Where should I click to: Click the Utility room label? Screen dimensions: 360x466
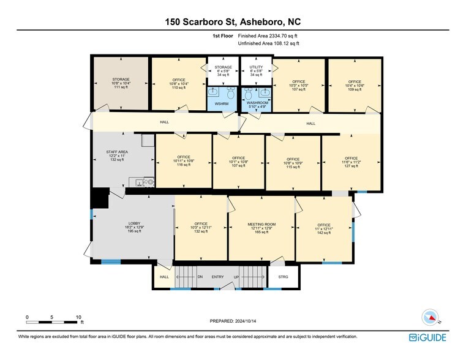coord(256,67)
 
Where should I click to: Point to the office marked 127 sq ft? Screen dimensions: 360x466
coord(351,162)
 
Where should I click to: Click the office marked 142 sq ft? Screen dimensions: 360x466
coord(323,228)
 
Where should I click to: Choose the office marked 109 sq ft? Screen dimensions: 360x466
coord(355,85)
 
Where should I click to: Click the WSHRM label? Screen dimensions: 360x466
coord(221,104)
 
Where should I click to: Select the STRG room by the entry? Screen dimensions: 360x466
coord(284,277)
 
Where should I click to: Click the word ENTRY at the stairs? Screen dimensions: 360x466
coord(218,277)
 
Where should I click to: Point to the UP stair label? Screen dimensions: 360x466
coord(236,277)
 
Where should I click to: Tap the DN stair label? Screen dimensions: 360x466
coord(200,277)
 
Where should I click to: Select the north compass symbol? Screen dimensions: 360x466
coord(431,317)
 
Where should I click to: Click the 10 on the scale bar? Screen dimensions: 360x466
coord(78,317)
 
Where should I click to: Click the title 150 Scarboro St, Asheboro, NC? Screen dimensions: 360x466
coord(233,22)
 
